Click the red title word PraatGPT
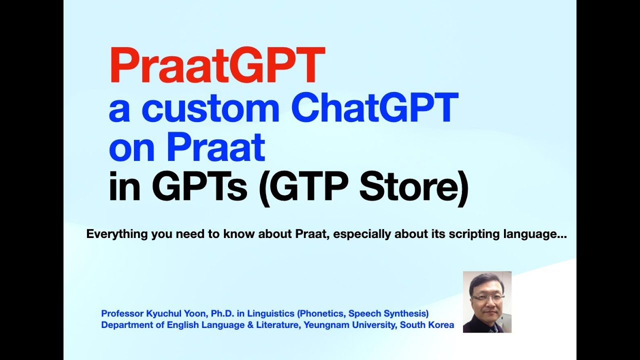click(x=217, y=65)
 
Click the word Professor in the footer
click(x=121, y=313)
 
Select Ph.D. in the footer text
click(x=223, y=313)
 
